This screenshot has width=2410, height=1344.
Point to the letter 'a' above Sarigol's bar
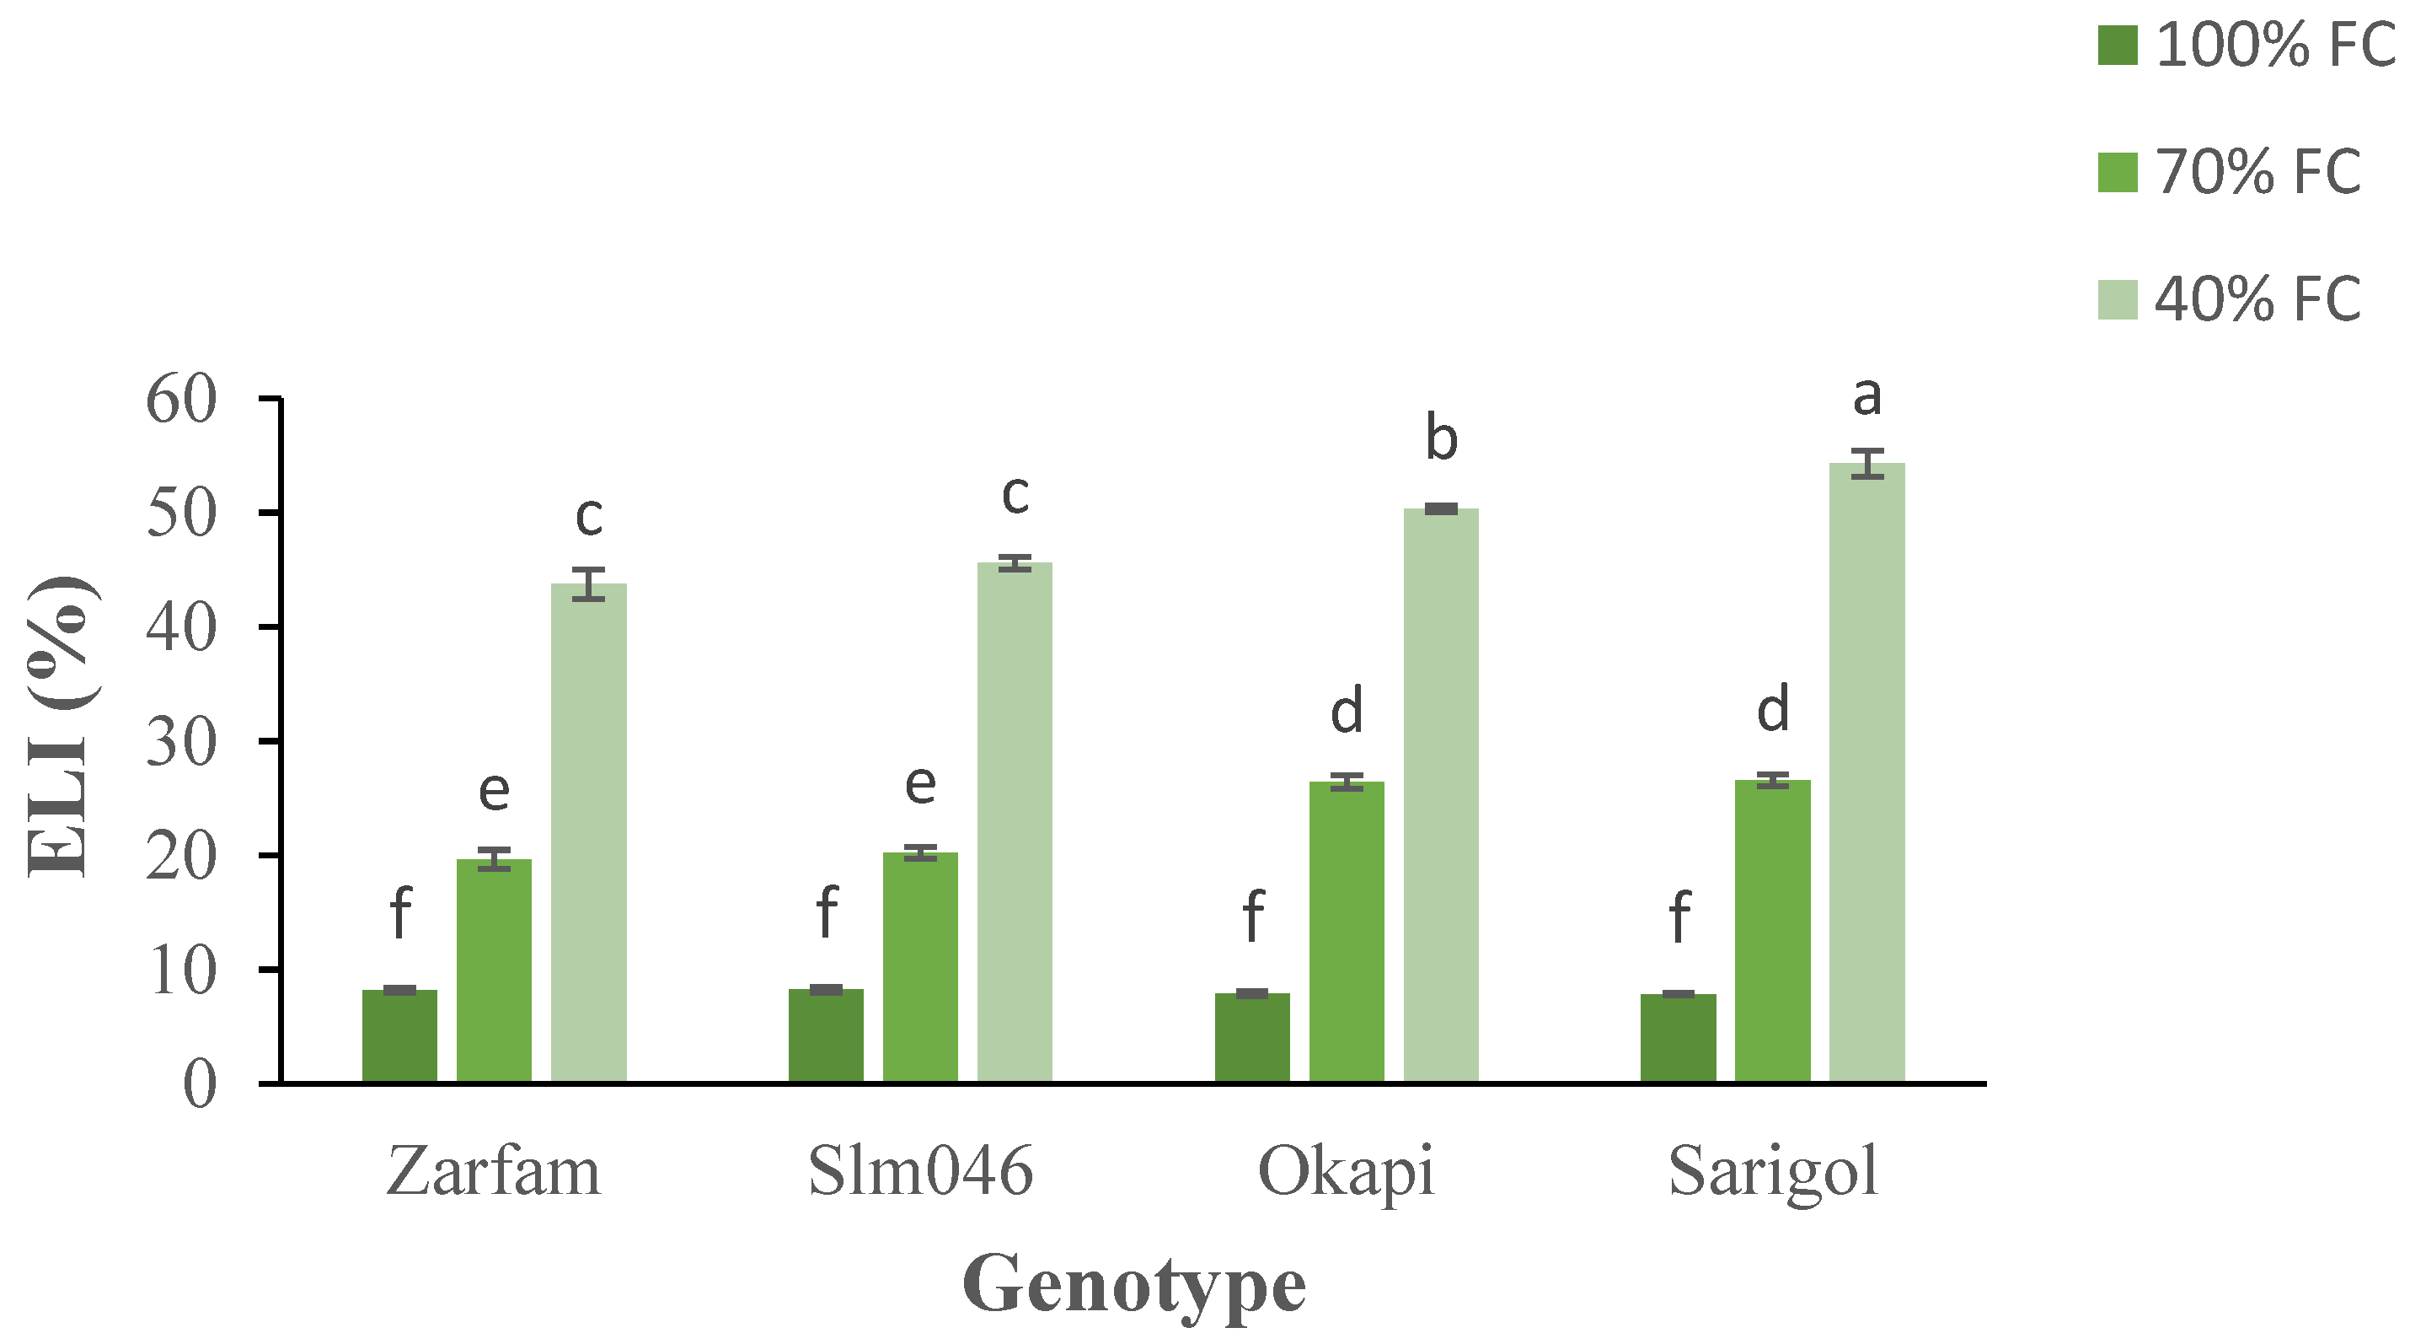(x=1866, y=397)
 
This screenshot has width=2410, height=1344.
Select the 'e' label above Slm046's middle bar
(x=919, y=784)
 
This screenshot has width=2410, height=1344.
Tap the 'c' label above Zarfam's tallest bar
(x=588, y=517)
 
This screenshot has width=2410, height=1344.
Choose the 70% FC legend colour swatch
(x=2117, y=172)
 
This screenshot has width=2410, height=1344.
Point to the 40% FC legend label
(x=2257, y=299)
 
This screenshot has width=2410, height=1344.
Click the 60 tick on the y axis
(x=180, y=400)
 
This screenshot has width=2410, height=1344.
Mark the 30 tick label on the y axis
(x=180, y=742)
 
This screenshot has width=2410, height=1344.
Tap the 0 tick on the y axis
(x=199, y=1085)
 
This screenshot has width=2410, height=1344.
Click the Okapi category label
(x=1346, y=1172)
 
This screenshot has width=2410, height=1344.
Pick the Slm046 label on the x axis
(x=919, y=1170)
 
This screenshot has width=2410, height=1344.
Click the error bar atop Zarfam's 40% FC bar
(x=588, y=583)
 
